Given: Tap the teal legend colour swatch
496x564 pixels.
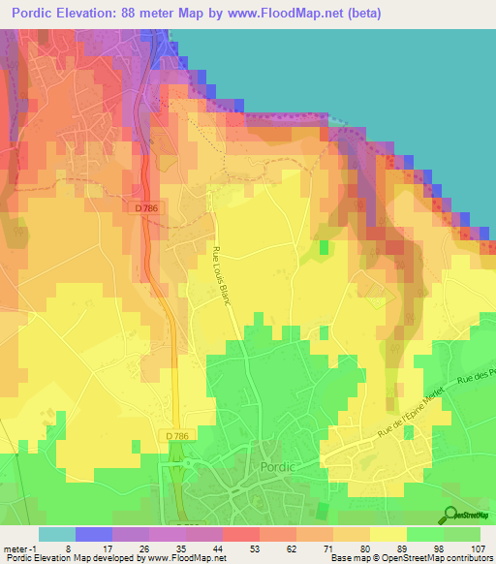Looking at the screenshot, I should coord(56,533).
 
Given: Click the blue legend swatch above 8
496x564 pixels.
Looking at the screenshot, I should coord(93,533).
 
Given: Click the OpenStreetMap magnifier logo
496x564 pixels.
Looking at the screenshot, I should coord(450,514).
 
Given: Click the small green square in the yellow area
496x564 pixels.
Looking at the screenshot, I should coord(324,248).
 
